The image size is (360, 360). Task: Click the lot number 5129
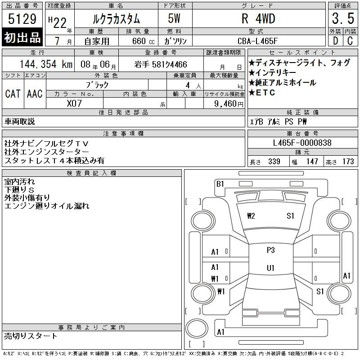click(22, 19)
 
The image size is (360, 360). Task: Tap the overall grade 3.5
click(343, 18)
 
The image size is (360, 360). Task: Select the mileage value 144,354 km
click(46, 64)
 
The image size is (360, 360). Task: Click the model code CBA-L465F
click(257, 41)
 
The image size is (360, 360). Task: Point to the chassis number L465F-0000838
click(302, 143)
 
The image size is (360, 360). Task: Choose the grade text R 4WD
click(258, 18)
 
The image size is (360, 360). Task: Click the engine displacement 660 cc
click(143, 41)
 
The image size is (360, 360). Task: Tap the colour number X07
click(74, 103)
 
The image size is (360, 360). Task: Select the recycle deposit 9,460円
click(229, 103)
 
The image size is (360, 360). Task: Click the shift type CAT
click(13, 94)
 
